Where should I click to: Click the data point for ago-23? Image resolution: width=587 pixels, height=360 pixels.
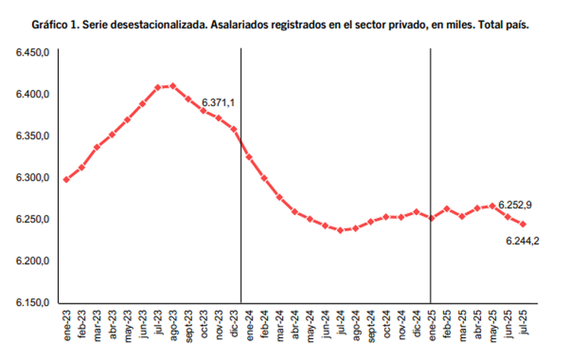pyautogui.click(x=173, y=85)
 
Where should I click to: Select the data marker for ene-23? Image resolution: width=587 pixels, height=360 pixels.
pyautogui.click(x=66, y=179)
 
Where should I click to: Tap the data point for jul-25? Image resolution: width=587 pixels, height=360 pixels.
pyautogui.click(x=523, y=224)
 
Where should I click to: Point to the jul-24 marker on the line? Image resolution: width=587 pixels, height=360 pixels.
pyautogui.click(x=340, y=229)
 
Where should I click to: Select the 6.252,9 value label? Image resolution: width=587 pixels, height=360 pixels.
pyautogui.click(x=516, y=204)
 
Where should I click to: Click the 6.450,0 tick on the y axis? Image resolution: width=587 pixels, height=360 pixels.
pyautogui.click(x=33, y=52)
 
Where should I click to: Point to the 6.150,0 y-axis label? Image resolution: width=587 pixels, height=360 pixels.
pyautogui.click(x=33, y=304)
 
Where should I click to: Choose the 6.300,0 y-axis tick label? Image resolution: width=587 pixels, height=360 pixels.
pyautogui.click(x=33, y=178)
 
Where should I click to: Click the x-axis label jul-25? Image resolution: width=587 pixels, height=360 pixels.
pyautogui.click(x=524, y=323)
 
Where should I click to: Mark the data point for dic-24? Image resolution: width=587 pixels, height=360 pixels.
pyautogui.click(x=416, y=212)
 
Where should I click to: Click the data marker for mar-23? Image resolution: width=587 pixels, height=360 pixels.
pyautogui.click(x=97, y=146)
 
